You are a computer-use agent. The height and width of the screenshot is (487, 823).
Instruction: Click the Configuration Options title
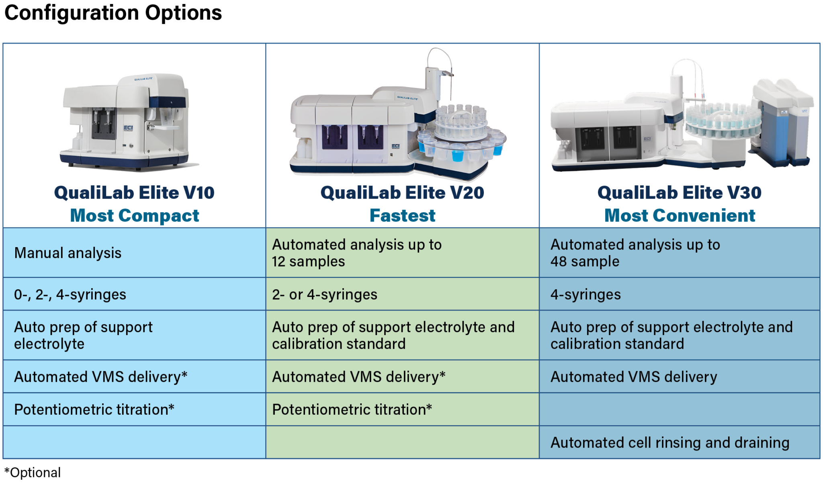pos(113,13)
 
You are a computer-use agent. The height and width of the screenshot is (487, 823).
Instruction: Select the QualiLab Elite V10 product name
pos(134,192)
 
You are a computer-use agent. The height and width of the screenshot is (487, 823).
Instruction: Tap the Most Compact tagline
pos(134,216)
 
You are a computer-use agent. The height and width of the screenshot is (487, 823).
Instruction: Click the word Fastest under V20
pos(402,216)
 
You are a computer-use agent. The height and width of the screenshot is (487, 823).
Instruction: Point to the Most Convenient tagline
pos(680,216)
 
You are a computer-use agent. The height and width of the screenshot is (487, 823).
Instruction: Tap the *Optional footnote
pos(33,473)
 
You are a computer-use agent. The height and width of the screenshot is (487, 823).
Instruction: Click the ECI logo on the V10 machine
pos(128,128)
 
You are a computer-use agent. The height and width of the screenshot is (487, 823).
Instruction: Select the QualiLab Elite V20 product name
pos(402,192)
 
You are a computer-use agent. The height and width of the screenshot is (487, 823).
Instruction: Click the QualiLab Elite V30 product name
pos(680,192)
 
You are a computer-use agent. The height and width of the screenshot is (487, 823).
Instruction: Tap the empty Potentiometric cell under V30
pos(679,409)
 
